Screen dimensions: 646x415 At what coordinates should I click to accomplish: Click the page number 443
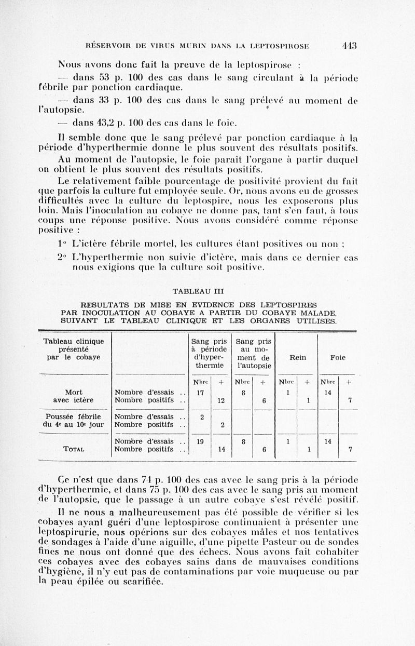click(349, 45)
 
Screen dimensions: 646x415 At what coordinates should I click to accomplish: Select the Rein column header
click(298, 357)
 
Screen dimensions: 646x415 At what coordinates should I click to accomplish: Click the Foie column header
click(338, 357)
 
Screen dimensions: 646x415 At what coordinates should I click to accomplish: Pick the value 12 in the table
click(221, 400)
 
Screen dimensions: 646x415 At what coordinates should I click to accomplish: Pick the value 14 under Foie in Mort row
click(327, 393)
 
